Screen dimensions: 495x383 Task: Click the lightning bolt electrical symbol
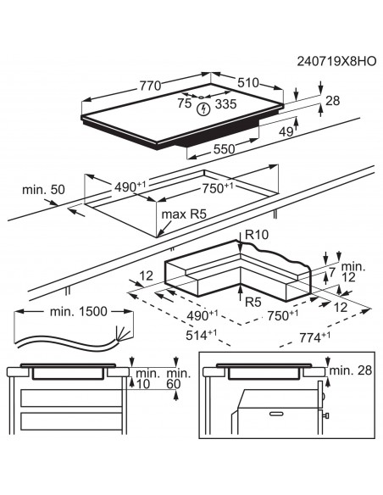coord(203,109)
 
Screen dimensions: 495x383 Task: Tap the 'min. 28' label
coord(349,370)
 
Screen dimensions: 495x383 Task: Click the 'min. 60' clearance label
coord(177,379)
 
